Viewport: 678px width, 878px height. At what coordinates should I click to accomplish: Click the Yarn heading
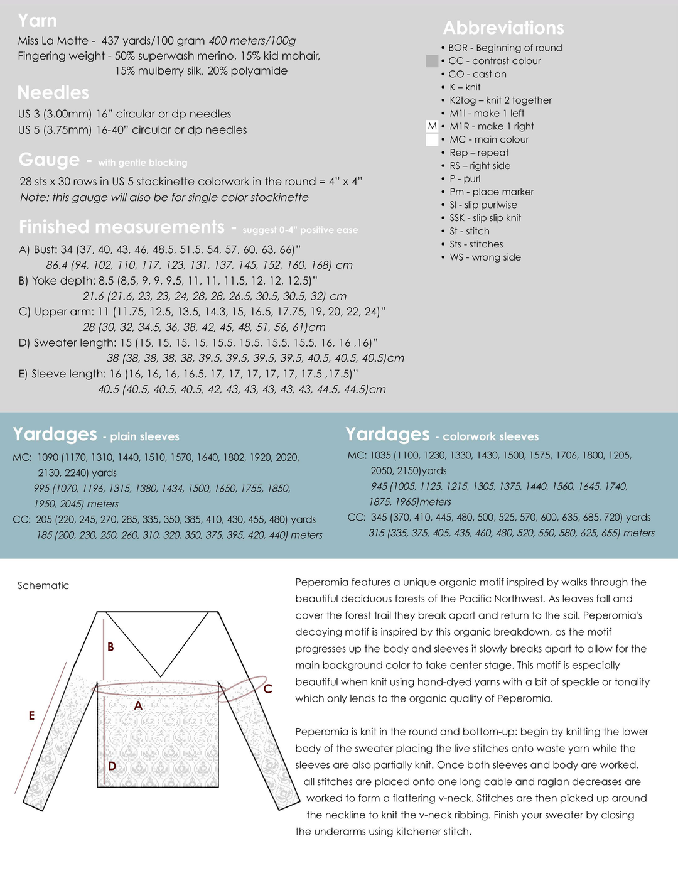click(x=37, y=21)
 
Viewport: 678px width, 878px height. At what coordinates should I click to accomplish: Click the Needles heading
click(x=53, y=93)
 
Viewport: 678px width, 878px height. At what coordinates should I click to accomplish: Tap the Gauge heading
click(x=49, y=160)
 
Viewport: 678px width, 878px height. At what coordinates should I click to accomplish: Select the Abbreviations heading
click(x=503, y=28)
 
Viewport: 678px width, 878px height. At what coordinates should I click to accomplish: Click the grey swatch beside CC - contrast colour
click(x=432, y=61)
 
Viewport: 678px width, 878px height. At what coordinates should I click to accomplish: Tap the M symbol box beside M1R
click(x=432, y=126)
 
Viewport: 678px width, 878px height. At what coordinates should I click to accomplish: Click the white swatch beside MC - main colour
click(x=432, y=139)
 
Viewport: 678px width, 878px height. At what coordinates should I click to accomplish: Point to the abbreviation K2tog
click(x=463, y=100)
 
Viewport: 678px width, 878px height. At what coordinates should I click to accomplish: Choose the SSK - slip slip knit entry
click(x=485, y=218)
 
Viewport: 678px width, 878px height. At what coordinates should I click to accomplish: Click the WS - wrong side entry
click(x=485, y=257)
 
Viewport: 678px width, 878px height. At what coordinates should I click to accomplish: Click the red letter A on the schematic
click(x=138, y=706)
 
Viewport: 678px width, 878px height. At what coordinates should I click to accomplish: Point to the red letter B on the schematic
click(x=110, y=647)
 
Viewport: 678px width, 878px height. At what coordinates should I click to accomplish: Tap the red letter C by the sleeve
click(x=267, y=689)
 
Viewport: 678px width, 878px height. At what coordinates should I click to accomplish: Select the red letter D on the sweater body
click(x=112, y=766)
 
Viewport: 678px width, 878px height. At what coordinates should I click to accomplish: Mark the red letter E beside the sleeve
click(x=31, y=715)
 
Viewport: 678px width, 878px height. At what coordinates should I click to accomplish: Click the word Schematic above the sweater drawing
click(x=43, y=586)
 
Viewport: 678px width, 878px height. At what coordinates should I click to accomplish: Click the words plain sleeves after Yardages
click(x=145, y=437)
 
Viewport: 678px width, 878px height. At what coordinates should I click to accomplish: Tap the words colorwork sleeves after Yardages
click(x=490, y=437)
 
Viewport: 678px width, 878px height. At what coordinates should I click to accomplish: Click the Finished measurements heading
click(x=122, y=227)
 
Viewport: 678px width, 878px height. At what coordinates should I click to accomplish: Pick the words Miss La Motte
click(x=53, y=41)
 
